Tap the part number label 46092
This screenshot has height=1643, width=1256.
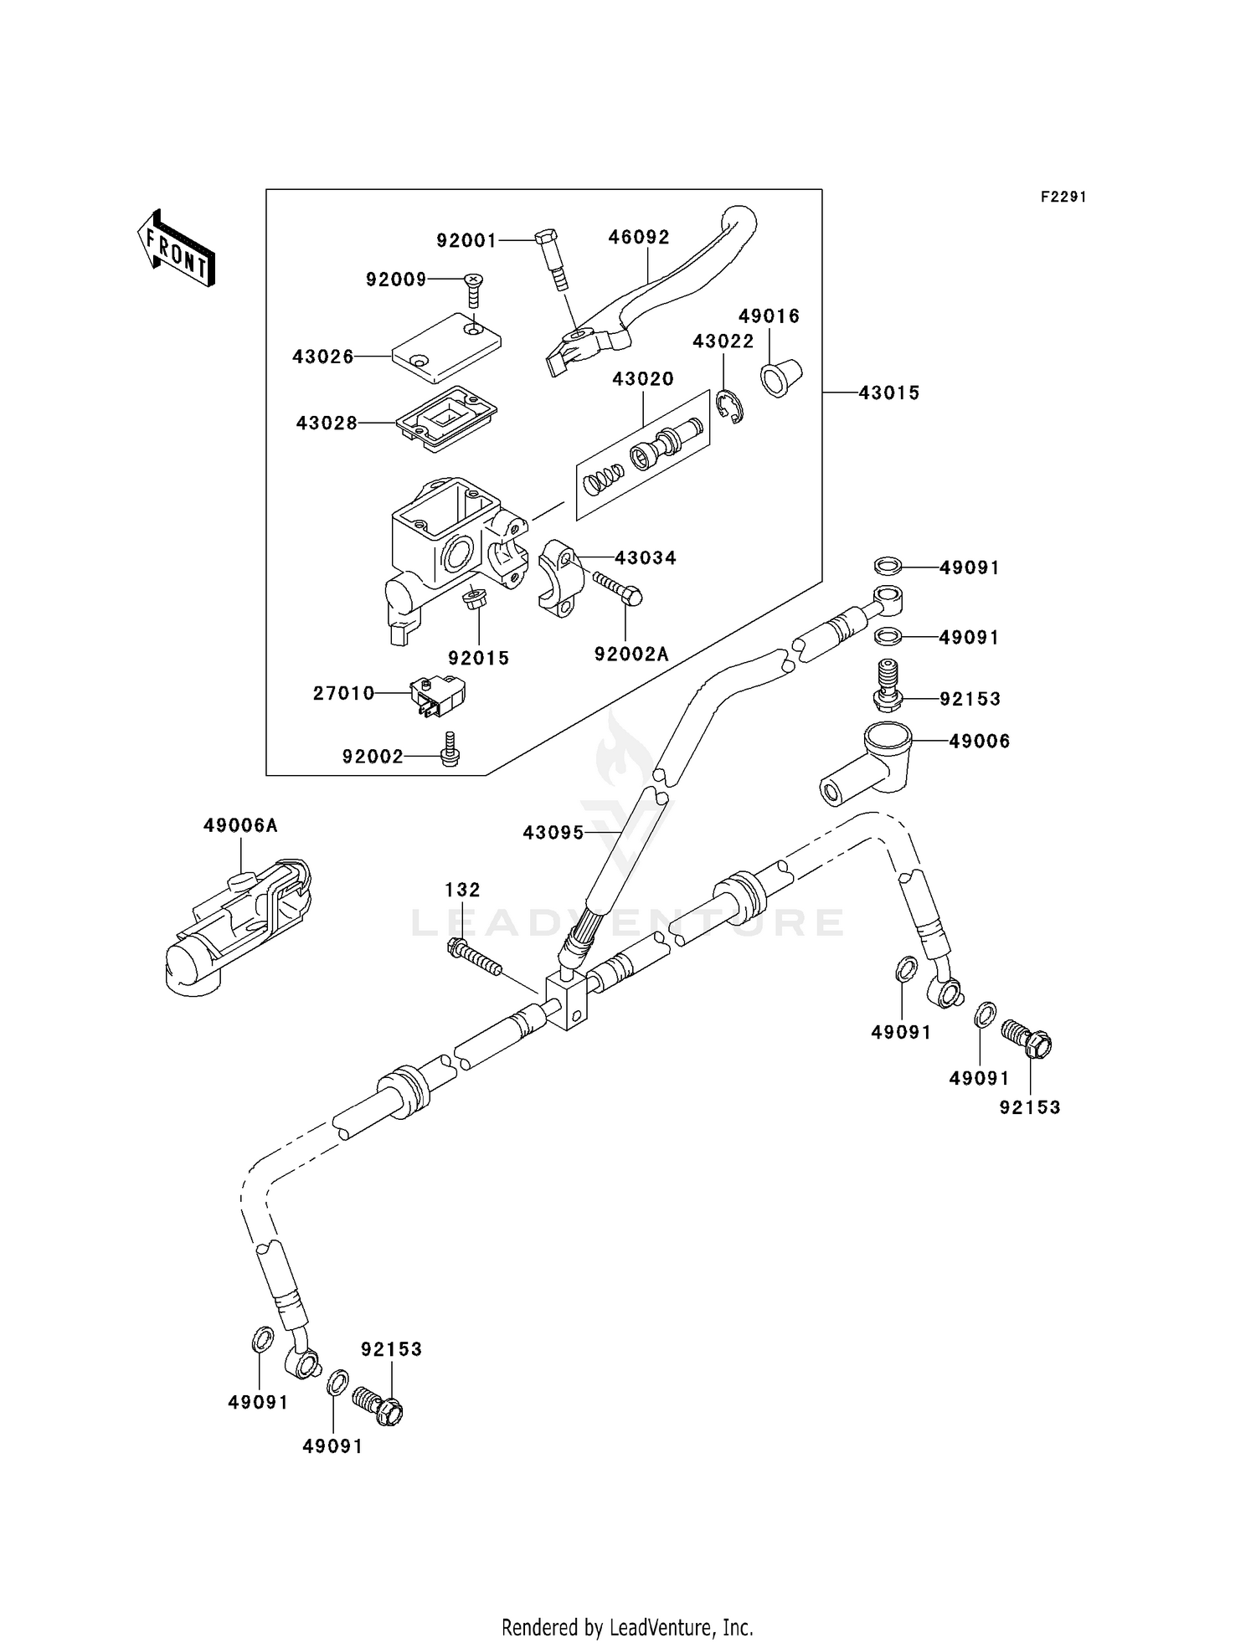(639, 237)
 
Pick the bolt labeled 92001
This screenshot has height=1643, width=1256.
(553, 259)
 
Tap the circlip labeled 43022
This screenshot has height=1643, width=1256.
(730, 406)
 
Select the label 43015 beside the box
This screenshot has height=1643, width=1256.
(888, 393)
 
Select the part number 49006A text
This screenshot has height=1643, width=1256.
(240, 825)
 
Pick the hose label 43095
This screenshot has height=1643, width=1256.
(553, 833)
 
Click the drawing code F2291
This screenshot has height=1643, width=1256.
(1063, 197)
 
